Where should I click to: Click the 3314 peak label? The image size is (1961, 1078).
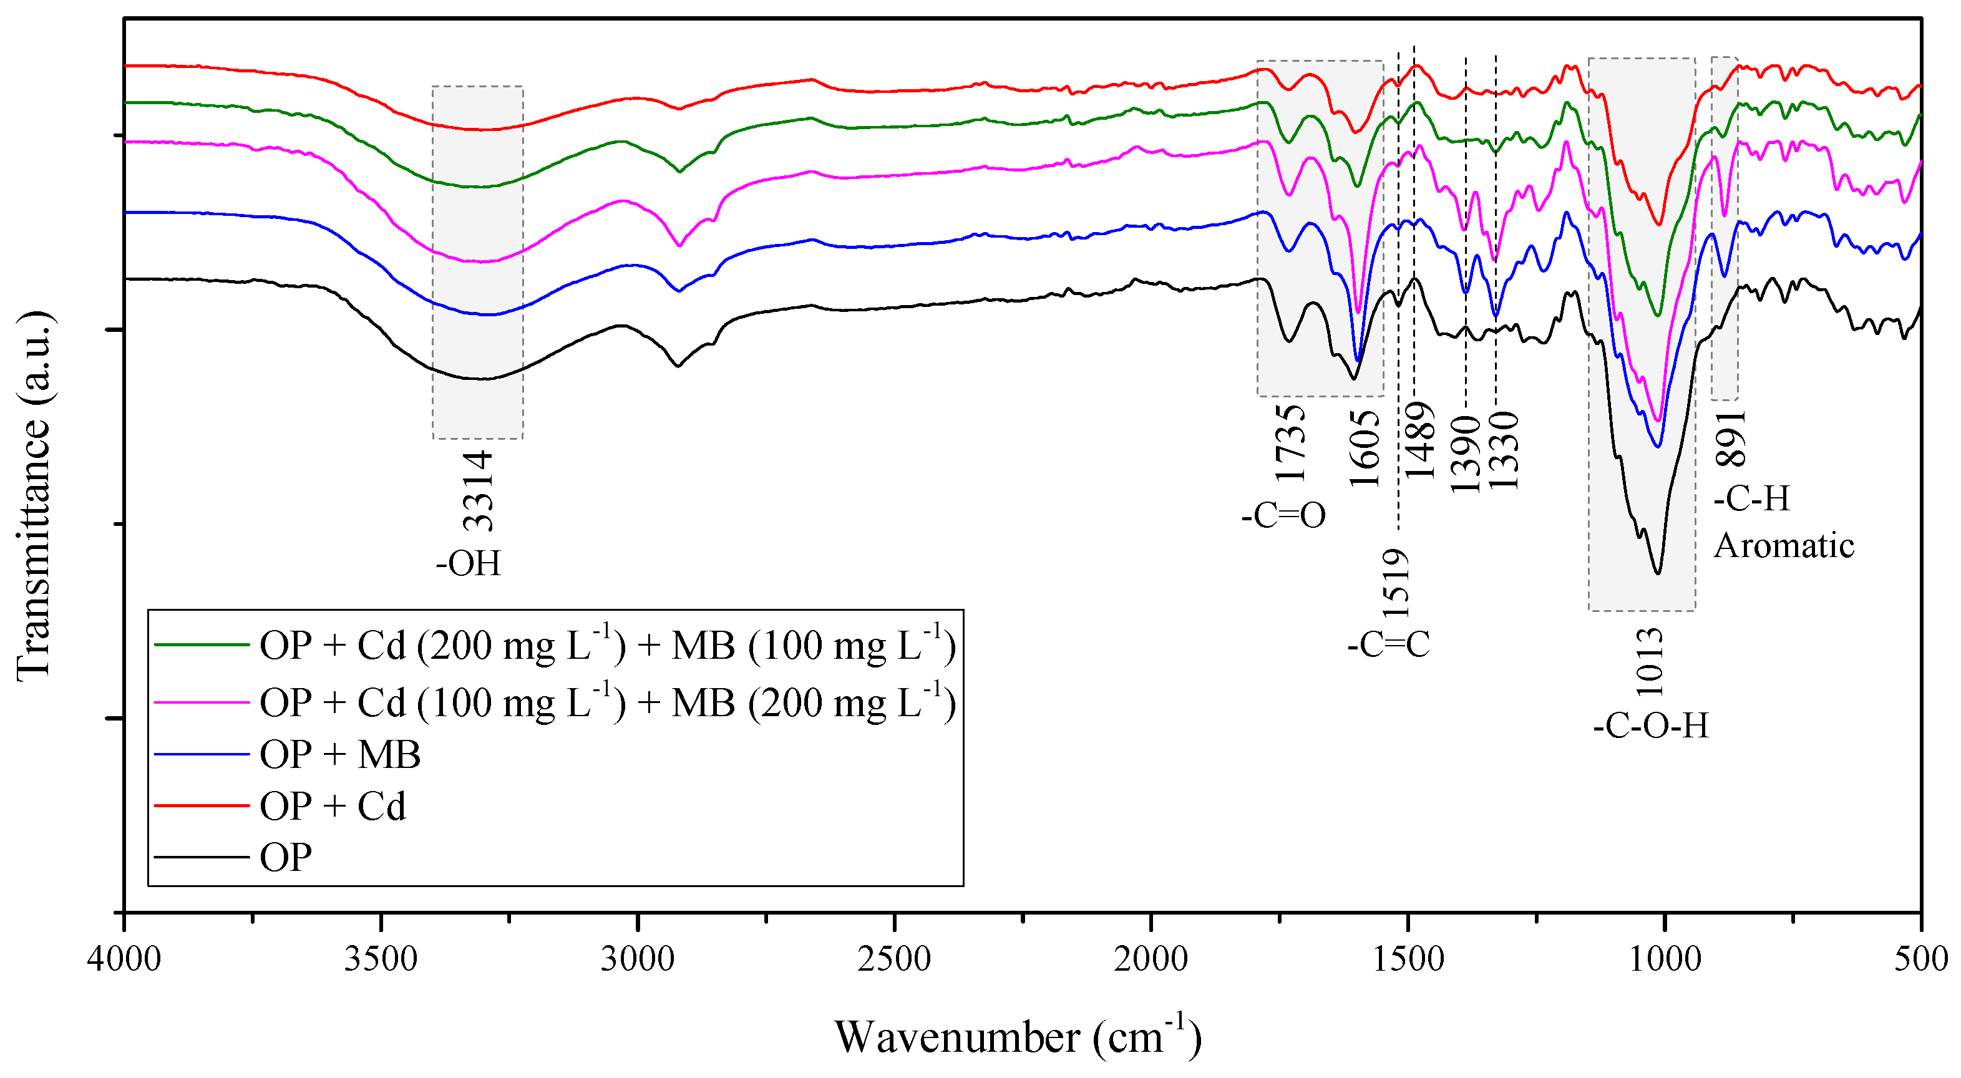(479, 491)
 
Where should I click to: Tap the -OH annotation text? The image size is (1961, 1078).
(468, 564)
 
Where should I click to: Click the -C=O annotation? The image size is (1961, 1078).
(1283, 516)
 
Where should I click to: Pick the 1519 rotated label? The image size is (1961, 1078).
(1396, 585)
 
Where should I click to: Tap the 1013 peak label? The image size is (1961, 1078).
(1650, 663)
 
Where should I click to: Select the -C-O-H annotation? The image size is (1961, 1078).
(1650, 726)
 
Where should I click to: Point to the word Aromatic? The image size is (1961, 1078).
(1784, 546)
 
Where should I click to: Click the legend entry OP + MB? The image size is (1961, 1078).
(339, 754)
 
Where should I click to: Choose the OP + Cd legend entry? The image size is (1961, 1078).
(333, 806)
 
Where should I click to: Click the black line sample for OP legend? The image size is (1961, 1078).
(202, 857)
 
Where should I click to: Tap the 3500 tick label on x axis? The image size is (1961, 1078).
(381, 958)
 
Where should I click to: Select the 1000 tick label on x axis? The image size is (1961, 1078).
(1664, 958)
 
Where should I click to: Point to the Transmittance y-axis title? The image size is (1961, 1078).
(34, 495)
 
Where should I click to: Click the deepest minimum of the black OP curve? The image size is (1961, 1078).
(1658, 573)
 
